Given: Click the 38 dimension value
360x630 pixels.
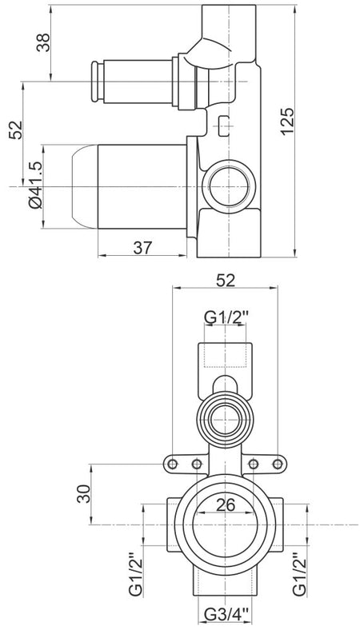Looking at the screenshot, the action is [43, 42].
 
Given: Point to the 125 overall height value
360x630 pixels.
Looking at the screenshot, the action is [288, 122].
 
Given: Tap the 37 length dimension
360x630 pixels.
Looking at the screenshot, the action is [142, 248].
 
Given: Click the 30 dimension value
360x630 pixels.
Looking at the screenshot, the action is [84, 493].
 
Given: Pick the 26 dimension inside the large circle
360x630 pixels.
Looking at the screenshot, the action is [226, 505].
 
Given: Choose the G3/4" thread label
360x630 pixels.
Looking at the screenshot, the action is [226, 615].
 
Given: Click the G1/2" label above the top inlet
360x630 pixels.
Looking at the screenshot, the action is [226, 317].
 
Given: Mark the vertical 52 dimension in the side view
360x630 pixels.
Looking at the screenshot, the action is [16, 130].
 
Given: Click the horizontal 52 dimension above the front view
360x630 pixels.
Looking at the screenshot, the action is [226, 281].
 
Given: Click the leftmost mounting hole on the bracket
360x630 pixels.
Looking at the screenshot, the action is [173, 465].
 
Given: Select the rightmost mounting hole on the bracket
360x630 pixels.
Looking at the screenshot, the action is [278, 465].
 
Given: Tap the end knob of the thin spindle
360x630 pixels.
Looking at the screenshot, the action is [95, 82].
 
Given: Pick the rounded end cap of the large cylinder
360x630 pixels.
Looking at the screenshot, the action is [85, 187].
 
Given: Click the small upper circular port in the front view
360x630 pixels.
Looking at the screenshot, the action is [226, 420].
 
